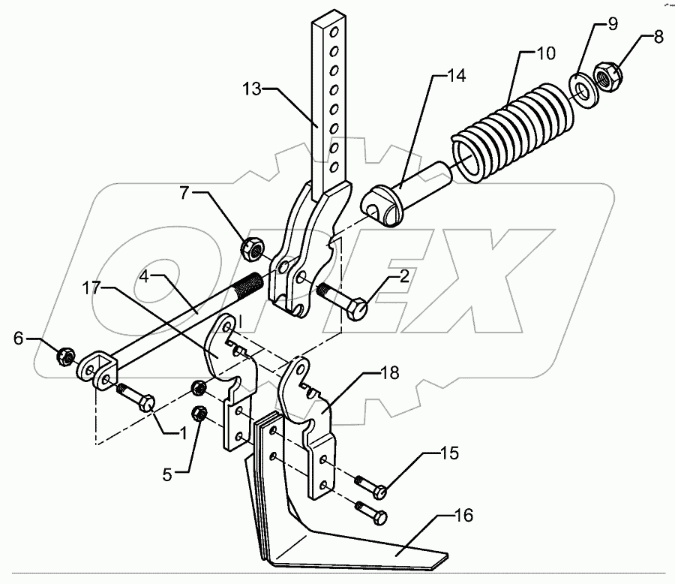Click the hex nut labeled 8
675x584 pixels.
[605, 75]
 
